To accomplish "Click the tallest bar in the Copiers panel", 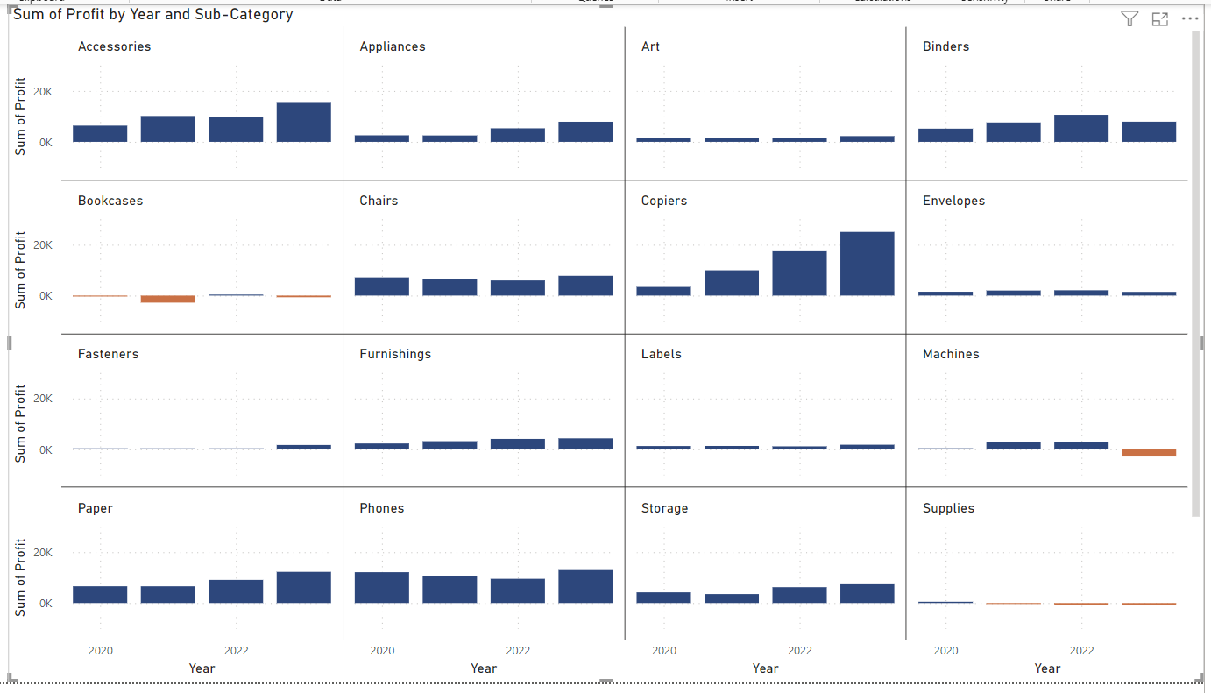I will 867,264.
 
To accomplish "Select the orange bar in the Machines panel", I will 1149,453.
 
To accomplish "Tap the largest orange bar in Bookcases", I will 168,299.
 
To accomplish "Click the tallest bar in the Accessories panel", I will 303,122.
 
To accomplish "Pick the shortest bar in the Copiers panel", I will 663,291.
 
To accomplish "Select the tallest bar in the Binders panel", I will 1080,128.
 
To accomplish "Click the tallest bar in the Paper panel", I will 303,587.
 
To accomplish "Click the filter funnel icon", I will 1130,19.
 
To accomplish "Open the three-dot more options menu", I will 1189,19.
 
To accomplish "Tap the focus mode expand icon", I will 1159,19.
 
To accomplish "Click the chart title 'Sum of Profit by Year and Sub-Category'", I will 152,15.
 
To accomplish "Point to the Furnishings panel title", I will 395,354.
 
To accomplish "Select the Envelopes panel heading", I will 953,201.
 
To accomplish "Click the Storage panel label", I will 664,508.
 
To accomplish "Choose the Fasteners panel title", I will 108,354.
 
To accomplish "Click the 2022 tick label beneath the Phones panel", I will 518,651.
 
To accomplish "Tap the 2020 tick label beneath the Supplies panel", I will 945,651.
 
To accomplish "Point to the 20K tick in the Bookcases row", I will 42,245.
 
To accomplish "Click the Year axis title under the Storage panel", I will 765,668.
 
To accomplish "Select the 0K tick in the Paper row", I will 44,604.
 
